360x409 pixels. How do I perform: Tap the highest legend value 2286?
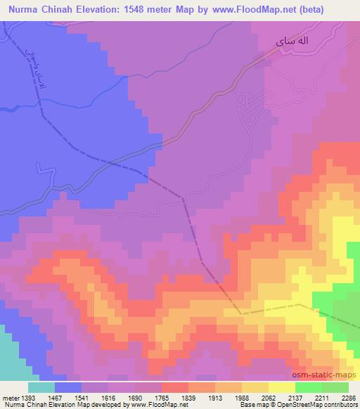click(x=346, y=398)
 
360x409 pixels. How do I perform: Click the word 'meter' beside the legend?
click(x=11, y=398)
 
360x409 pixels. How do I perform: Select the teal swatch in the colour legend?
click(x=41, y=387)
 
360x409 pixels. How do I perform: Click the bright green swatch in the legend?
click(x=309, y=387)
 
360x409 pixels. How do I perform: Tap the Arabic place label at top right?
click(x=292, y=43)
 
